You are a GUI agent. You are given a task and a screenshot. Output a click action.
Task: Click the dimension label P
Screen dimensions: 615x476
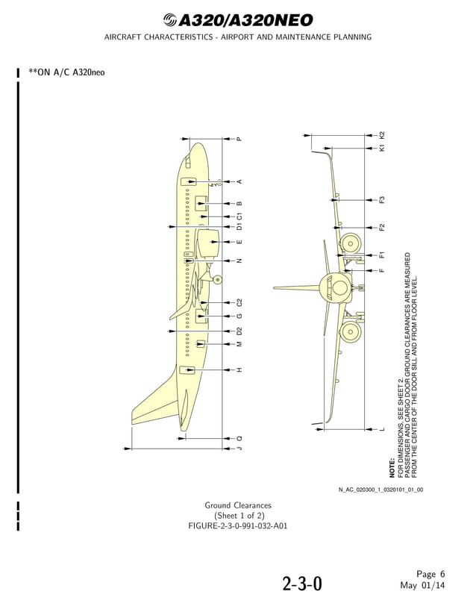pos(239,139)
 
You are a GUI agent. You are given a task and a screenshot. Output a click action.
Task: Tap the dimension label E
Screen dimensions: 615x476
pos(239,243)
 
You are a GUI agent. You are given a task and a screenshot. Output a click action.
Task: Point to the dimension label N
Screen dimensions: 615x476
pos(239,261)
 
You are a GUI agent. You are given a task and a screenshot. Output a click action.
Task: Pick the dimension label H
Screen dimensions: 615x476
pos(239,370)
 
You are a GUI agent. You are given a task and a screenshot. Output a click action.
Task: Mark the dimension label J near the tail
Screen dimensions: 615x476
pos(239,449)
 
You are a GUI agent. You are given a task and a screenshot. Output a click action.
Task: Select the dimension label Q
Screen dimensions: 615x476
pos(239,437)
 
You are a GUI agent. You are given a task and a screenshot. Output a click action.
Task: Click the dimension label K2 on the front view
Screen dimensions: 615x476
pos(382,135)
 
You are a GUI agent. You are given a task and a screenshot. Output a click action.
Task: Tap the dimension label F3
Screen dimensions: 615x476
pos(382,199)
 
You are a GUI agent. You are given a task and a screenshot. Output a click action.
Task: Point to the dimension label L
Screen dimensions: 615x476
pos(382,429)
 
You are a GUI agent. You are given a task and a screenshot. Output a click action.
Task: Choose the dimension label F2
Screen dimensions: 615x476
pos(382,227)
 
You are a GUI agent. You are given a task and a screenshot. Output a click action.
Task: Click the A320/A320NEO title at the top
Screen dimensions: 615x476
pos(238,20)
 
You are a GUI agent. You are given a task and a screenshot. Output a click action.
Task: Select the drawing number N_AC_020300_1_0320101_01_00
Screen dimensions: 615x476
pos(381,490)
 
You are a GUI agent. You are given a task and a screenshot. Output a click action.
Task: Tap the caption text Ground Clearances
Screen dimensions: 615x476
pos(238,505)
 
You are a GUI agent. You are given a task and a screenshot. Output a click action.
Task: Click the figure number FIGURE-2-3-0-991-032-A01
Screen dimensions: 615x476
pos(238,526)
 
